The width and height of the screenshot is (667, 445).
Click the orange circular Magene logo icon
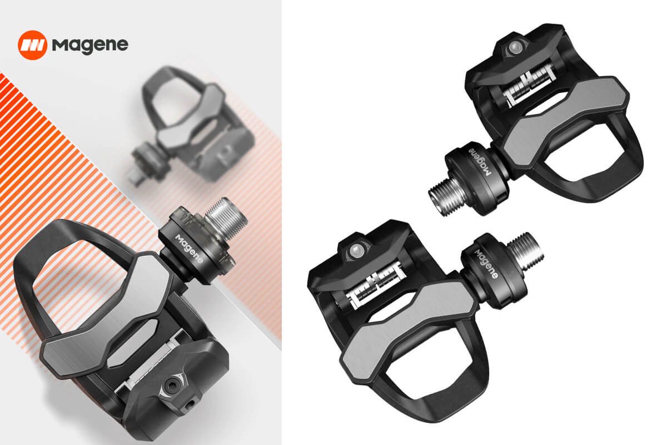[32, 45]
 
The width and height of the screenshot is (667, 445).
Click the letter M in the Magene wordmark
[60, 44]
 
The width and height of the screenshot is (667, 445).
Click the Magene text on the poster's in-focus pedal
[189, 249]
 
